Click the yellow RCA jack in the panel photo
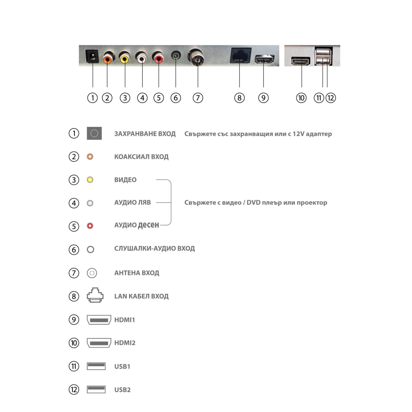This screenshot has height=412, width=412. [124, 59]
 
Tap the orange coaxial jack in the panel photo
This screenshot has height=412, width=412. [108, 58]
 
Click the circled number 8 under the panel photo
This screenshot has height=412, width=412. [239, 98]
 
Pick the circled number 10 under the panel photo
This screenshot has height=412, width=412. [302, 98]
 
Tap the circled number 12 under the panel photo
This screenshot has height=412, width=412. [330, 98]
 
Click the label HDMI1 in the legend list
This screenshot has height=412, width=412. [124, 320]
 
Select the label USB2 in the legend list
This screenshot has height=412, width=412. [122, 390]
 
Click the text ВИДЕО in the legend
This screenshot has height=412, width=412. [125, 180]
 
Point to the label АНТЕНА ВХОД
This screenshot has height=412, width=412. [136, 273]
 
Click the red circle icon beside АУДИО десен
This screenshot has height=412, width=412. [90, 226]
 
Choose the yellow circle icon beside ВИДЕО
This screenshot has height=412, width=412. [90, 180]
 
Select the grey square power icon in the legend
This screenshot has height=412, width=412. [94, 133]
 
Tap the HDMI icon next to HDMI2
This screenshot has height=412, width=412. [99, 343]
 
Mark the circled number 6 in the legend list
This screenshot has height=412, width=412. [74, 249]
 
